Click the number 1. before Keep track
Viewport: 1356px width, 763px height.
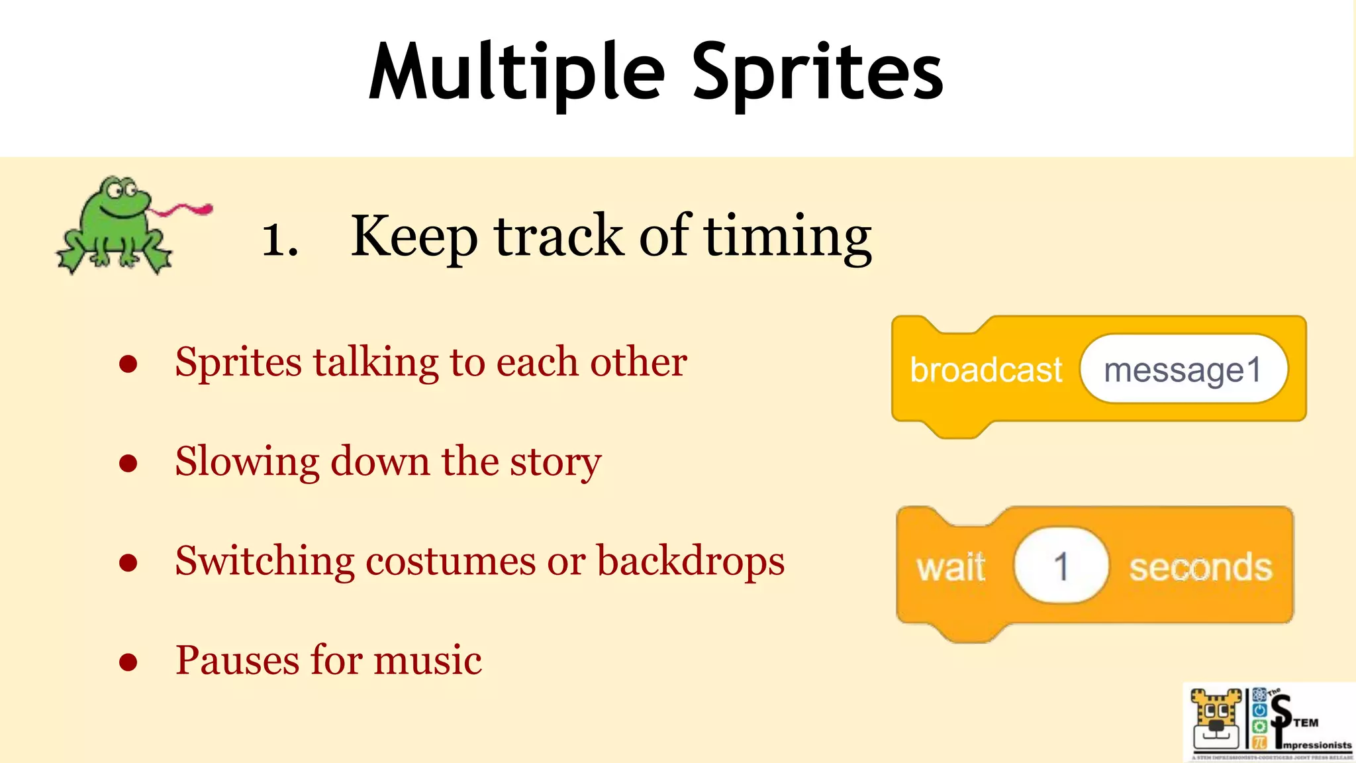[279, 238]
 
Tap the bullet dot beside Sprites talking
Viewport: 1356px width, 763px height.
[128, 363]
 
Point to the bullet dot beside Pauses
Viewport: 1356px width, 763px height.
[128, 662]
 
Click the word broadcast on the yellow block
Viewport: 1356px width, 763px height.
[985, 370]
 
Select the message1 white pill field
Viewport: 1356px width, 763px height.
[1183, 369]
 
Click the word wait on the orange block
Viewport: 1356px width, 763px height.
[951, 567]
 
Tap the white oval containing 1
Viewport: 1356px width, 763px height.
[1061, 566]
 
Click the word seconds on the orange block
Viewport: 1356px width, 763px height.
[1200, 568]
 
